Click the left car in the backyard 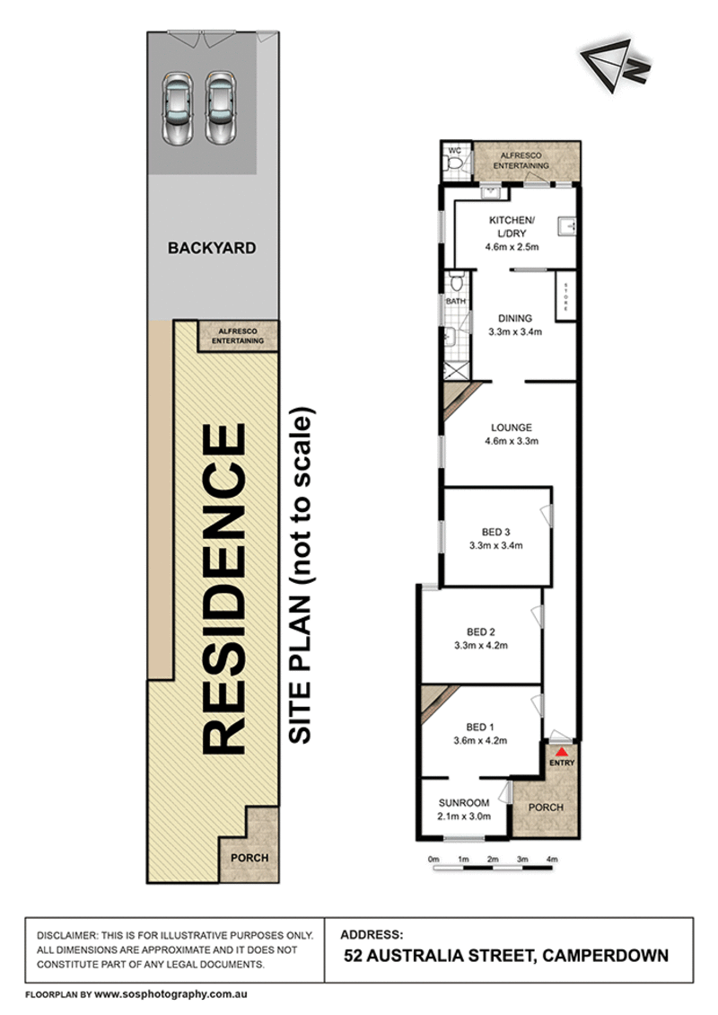coord(177,108)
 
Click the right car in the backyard coord(220,108)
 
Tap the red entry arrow coord(562,752)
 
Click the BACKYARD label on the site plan coord(212,248)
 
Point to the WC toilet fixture coord(454,165)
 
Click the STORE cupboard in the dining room coord(566,296)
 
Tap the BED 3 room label coord(495,532)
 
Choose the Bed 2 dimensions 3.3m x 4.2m coord(481,646)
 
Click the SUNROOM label coord(464,803)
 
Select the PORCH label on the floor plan coord(546,808)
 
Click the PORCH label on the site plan coord(250,858)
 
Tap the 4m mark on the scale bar coord(552,859)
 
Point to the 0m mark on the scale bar coord(433,859)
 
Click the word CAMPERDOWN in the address coord(606,956)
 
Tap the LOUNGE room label coord(512,428)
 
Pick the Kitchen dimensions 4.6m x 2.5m coord(512,247)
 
